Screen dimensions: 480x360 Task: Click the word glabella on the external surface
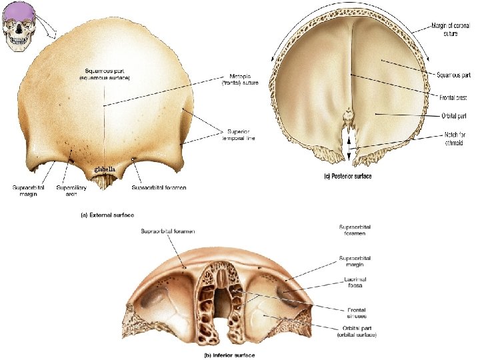pos(105,170)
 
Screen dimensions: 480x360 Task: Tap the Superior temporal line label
pos(241,135)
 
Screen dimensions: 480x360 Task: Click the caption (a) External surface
pos(107,215)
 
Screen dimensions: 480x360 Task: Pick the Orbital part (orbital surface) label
pos(357,331)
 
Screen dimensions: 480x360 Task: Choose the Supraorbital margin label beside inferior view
pos(355,261)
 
